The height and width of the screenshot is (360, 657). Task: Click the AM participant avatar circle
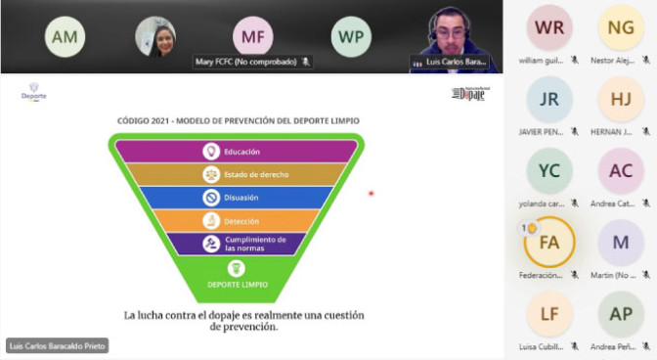(x=65, y=36)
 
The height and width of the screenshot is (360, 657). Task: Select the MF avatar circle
(x=253, y=36)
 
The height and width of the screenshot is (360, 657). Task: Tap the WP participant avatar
(x=351, y=36)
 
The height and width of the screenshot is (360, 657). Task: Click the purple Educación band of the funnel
(x=236, y=152)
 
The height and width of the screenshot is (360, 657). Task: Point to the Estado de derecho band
(x=236, y=174)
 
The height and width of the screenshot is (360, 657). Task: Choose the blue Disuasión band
(x=236, y=197)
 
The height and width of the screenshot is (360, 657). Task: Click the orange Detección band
(x=236, y=220)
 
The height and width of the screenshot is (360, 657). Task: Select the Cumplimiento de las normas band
(x=236, y=244)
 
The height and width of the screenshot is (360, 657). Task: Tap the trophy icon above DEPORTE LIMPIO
(x=236, y=268)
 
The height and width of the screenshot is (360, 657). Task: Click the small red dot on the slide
(x=371, y=194)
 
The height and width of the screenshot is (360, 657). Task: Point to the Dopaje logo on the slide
(x=467, y=94)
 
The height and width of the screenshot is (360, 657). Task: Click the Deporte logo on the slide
(x=33, y=94)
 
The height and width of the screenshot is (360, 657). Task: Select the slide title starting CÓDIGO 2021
(x=238, y=121)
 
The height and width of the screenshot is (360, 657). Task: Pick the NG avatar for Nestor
(x=620, y=27)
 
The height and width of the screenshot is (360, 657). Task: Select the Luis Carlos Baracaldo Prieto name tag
(x=57, y=346)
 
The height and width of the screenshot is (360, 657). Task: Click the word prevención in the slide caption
(x=244, y=327)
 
